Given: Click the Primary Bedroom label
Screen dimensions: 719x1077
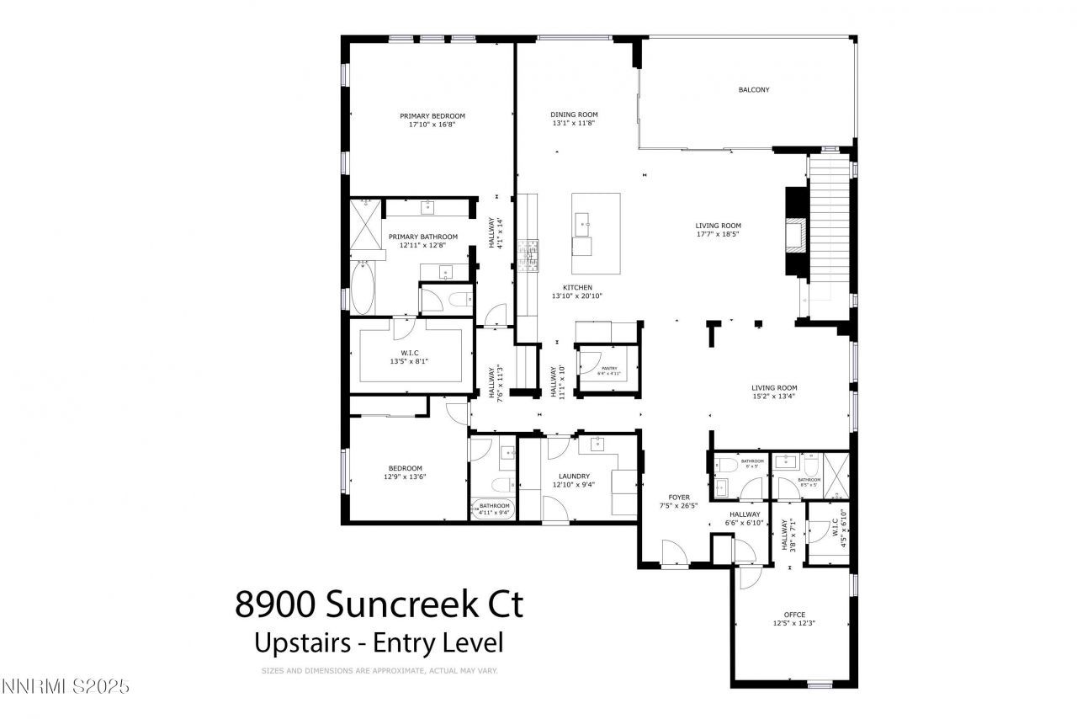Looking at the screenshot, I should [x=432, y=116].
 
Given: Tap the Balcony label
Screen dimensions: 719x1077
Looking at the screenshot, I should [x=753, y=90].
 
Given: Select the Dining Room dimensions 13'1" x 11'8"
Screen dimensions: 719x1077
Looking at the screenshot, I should [x=574, y=124].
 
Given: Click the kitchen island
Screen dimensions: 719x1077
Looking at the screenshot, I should [x=596, y=233].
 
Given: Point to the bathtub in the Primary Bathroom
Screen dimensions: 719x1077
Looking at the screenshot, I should [x=362, y=288].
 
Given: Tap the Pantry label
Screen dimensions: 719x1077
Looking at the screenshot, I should [x=609, y=368].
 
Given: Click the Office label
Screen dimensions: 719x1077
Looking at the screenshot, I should [x=794, y=615].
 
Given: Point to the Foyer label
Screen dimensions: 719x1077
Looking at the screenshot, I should [x=678, y=497].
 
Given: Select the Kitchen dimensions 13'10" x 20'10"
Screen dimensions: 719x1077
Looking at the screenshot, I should [x=577, y=296].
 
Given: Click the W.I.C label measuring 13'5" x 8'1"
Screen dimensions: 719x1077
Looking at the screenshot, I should [x=410, y=353].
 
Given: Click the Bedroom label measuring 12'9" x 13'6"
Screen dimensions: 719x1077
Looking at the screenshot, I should [x=405, y=468].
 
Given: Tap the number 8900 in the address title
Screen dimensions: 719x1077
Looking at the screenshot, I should [x=275, y=604].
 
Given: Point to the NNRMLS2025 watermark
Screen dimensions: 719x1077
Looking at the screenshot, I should [x=66, y=686].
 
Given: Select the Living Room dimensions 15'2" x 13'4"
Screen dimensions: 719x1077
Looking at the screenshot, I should [x=774, y=397].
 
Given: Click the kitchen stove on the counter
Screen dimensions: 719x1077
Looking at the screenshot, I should [x=529, y=257].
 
